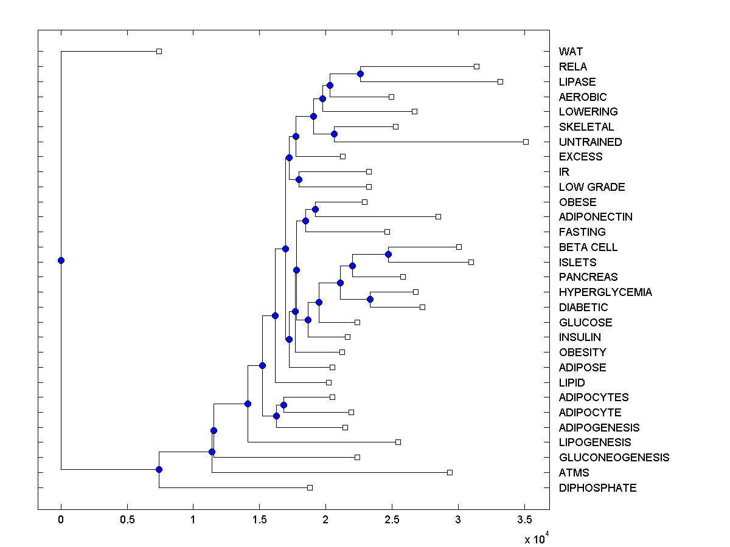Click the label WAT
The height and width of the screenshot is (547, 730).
coord(571,52)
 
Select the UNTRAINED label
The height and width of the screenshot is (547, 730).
coord(590,142)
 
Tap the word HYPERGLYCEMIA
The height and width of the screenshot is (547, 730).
coord(605,292)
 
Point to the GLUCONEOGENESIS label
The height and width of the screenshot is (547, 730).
coord(614,458)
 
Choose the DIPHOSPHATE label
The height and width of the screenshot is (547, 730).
coord(597,488)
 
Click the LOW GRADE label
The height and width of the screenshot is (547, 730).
coord(592,187)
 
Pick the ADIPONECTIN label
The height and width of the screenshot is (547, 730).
coord(596,217)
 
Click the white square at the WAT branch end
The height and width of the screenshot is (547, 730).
coord(159,51)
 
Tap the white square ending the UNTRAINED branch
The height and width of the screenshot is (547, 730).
coord(526,142)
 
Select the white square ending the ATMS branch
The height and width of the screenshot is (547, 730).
coord(450,472)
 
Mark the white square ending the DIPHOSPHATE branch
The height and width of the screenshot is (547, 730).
coord(310,487)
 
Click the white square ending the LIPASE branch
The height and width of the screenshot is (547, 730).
coord(500,81)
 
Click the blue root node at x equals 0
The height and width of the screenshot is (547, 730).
coord(61,260)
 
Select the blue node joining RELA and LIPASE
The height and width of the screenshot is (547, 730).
coord(360,74)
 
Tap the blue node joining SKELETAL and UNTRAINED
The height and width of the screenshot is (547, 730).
coord(334,134)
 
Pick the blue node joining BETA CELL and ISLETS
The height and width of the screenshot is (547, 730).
coord(389,254)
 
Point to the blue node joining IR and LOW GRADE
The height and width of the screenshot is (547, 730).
coord(299,179)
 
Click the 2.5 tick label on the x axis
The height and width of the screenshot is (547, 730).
coord(392,520)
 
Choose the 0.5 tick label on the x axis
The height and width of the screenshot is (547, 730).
coord(127,520)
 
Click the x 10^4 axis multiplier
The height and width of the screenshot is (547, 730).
coord(537,538)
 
